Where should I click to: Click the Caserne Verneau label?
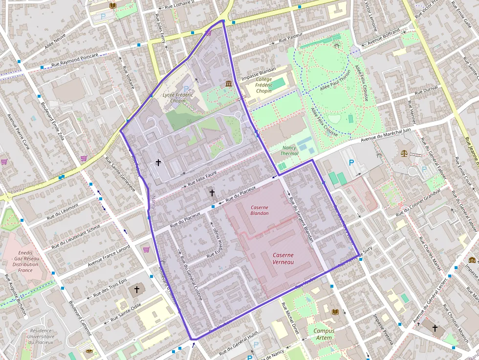point(283,258)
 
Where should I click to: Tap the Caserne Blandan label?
point(259,210)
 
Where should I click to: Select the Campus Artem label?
point(324,334)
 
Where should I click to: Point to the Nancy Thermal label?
point(289,150)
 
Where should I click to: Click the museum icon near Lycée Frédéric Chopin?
point(229,85)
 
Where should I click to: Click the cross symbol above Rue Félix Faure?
point(158,162)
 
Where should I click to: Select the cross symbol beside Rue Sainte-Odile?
point(137,290)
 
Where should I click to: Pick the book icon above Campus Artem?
point(335,312)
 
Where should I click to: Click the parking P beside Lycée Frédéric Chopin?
point(186,89)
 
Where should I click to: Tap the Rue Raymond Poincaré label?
point(74,60)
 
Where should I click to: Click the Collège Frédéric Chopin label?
point(263,85)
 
